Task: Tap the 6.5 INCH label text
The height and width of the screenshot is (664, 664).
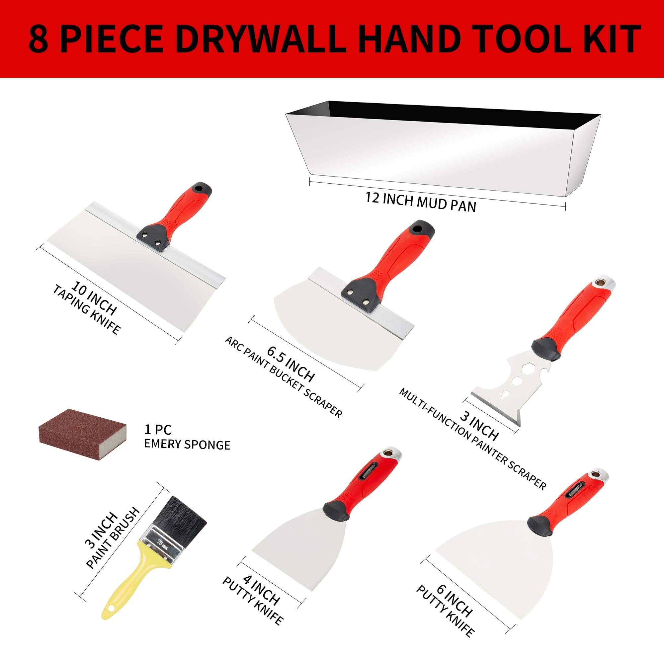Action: [291, 364]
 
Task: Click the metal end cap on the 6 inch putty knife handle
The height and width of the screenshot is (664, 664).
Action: [602, 475]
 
